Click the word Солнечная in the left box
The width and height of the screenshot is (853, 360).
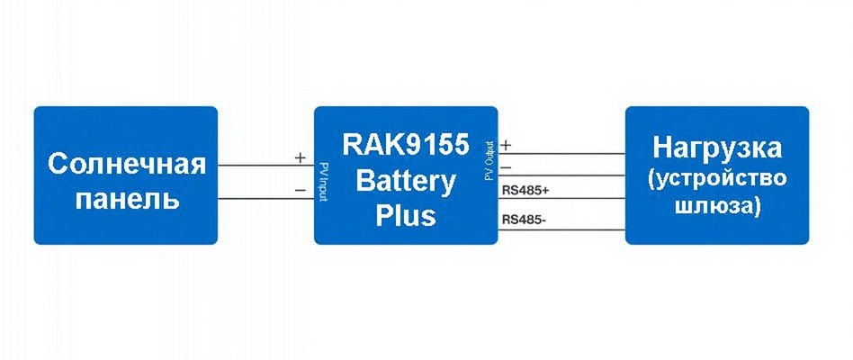pos(126,165)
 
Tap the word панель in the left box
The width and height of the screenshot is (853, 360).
pos(126,198)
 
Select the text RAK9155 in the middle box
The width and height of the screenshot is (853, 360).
pos(406,146)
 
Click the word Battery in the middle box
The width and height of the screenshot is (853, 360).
pos(406,181)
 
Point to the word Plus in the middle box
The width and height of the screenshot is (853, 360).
pos(406,216)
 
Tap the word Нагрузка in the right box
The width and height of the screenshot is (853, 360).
pos(717,147)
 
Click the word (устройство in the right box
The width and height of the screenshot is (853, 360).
pos(717,177)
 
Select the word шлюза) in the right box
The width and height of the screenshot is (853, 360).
pos(717,206)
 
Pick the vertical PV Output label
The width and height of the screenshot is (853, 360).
pos(489,159)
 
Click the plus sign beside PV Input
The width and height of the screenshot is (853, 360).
pos(300,157)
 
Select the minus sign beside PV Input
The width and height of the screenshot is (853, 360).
pos(300,189)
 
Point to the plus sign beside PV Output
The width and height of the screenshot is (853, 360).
pos(506,145)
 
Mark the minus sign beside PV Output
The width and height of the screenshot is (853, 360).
pos(506,166)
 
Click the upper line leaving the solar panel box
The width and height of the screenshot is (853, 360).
pos(265,166)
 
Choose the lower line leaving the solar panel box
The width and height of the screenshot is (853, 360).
pos(265,198)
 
